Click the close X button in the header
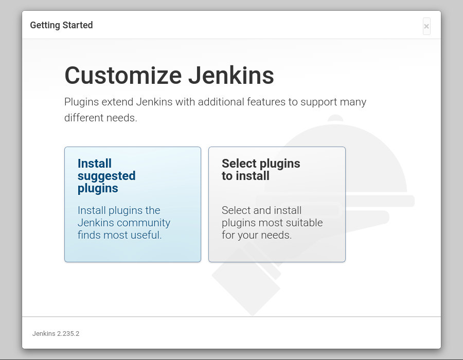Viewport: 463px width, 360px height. point(426,26)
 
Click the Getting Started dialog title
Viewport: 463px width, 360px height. point(61,25)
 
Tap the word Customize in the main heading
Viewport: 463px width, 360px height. point(123,75)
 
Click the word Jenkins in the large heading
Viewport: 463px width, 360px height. point(231,75)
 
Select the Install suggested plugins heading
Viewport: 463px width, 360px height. point(106,176)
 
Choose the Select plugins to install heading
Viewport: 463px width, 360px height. point(261,170)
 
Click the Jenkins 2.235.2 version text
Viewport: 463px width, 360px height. point(56,333)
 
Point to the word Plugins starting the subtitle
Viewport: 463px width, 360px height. point(81,102)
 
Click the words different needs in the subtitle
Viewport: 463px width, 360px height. point(101,118)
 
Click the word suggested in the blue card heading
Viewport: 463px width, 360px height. point(106,176)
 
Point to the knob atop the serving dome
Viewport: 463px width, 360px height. point(335,118)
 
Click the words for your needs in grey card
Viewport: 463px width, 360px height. point(257,235)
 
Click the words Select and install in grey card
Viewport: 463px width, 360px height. point(262,210)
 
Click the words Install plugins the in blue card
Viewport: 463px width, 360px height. point(119,210)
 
